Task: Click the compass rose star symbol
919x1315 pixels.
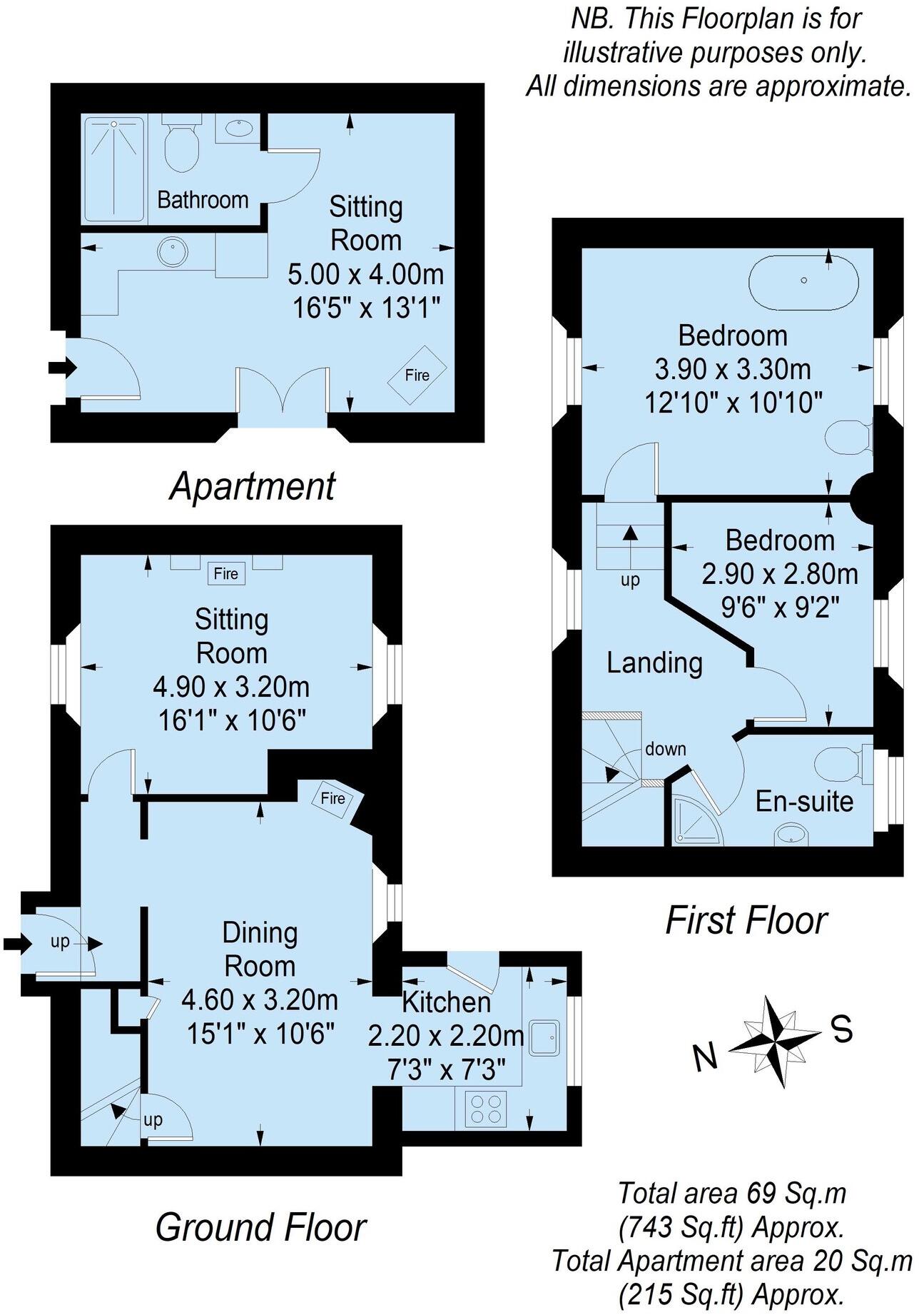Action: [x=774, y=1042]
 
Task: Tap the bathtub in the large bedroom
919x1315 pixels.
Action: [x=803, y=282]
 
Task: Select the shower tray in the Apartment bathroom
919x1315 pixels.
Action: [x=114, y=169]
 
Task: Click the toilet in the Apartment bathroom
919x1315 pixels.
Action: [x=181, y=146]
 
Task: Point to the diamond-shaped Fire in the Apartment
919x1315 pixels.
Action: [x=417, y=375]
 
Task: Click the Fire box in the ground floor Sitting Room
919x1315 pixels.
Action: [x=226, y=573]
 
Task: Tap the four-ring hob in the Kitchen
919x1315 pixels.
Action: [x=486, y=1109]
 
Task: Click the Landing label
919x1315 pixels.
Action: [x=654, y=662]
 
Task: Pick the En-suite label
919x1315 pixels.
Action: [x=804, y=801]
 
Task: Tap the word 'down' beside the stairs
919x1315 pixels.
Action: [x=665, y=749]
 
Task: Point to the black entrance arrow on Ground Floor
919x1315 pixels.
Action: [x=16, y=944]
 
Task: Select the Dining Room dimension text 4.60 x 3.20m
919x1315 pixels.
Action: [x=260, y=999]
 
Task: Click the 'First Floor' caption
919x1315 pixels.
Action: [x=746, y=920]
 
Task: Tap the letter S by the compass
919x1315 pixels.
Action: [x=842, y=1029]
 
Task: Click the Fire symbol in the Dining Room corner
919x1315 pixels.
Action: [x=333, y=798]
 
